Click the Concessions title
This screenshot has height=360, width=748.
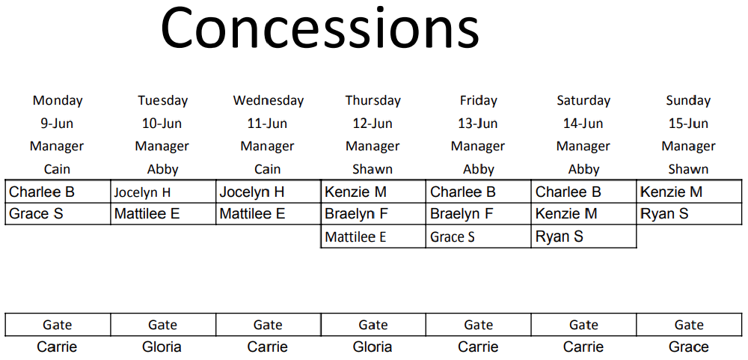[x=319, y=28]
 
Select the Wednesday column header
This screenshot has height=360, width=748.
[x=268, y=101]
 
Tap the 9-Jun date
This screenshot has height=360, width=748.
[x=57, y=123]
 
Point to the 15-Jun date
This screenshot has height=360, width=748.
[x=688, y=123]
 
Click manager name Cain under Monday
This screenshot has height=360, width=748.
[x=57, y=169]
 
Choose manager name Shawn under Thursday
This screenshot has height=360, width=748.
[x=373, y=169]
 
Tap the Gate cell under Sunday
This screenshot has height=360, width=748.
[x=689, y=325]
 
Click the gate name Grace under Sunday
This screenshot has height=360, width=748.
[x=688, y=347]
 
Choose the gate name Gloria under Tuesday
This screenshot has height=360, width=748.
[x=162, y=347]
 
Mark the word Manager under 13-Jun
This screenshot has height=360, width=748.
[x=478, y=146]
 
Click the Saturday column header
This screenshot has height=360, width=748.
[x=583, y=101]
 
